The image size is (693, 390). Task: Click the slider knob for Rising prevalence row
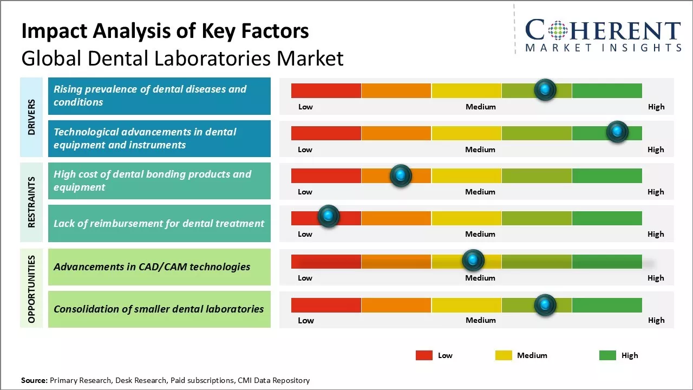point(545,89)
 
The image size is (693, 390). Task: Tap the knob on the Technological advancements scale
point(617,132)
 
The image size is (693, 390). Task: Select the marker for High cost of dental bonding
point(401,175)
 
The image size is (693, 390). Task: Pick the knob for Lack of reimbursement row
point(328,216)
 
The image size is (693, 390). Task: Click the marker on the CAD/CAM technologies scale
point(473,261)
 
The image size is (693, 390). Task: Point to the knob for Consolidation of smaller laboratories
point(545,305)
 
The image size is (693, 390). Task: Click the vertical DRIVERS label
point(32,117)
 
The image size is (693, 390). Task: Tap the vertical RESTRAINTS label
point(32,201)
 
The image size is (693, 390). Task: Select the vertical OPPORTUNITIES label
point(32,289)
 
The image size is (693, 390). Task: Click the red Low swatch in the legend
point(424,355)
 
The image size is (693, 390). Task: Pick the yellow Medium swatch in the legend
point(504,355)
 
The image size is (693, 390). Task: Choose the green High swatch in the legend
point(607,355)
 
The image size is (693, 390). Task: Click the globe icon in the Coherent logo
point(557,30)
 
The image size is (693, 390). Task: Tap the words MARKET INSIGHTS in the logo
point(603,48)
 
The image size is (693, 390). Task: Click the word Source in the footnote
point(34,380)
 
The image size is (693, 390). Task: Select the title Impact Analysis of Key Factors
point(165,31)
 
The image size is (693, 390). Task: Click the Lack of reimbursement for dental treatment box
point(159,223)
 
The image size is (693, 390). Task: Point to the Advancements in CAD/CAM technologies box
point(159,266)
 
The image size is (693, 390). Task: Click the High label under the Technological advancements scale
point(656,149)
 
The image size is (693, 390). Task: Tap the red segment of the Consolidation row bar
point(326,305)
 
